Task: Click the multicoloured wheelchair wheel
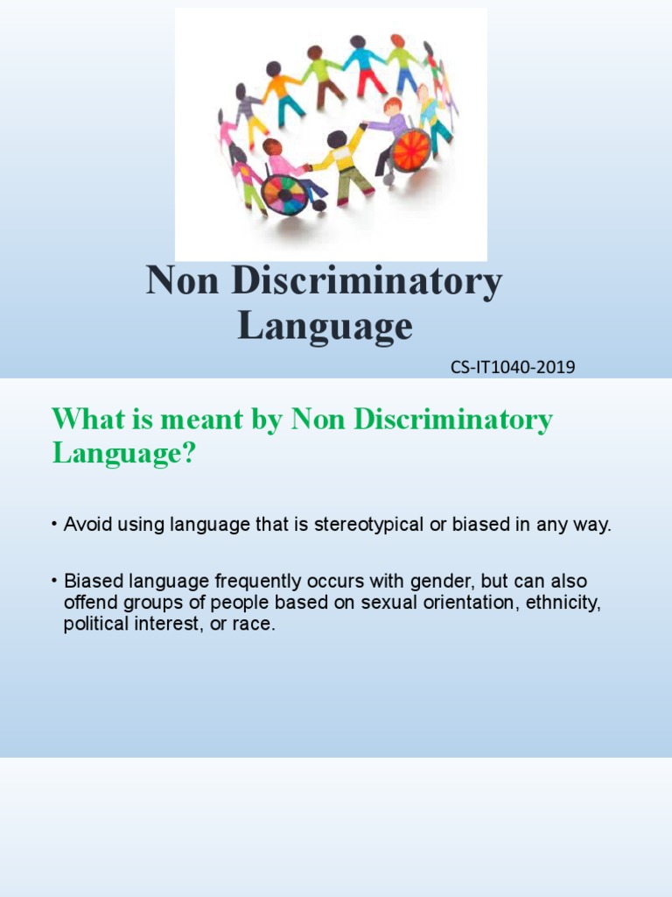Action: point(284,194)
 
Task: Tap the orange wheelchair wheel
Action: point(411,150)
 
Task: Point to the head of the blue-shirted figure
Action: point(357,41)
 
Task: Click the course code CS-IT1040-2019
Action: point(513,367)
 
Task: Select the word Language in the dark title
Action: point(325,326)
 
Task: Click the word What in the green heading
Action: point(86,419)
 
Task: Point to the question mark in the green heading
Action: point(185,453)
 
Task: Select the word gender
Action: point(437,582)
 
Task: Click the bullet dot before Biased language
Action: point(54,582)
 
